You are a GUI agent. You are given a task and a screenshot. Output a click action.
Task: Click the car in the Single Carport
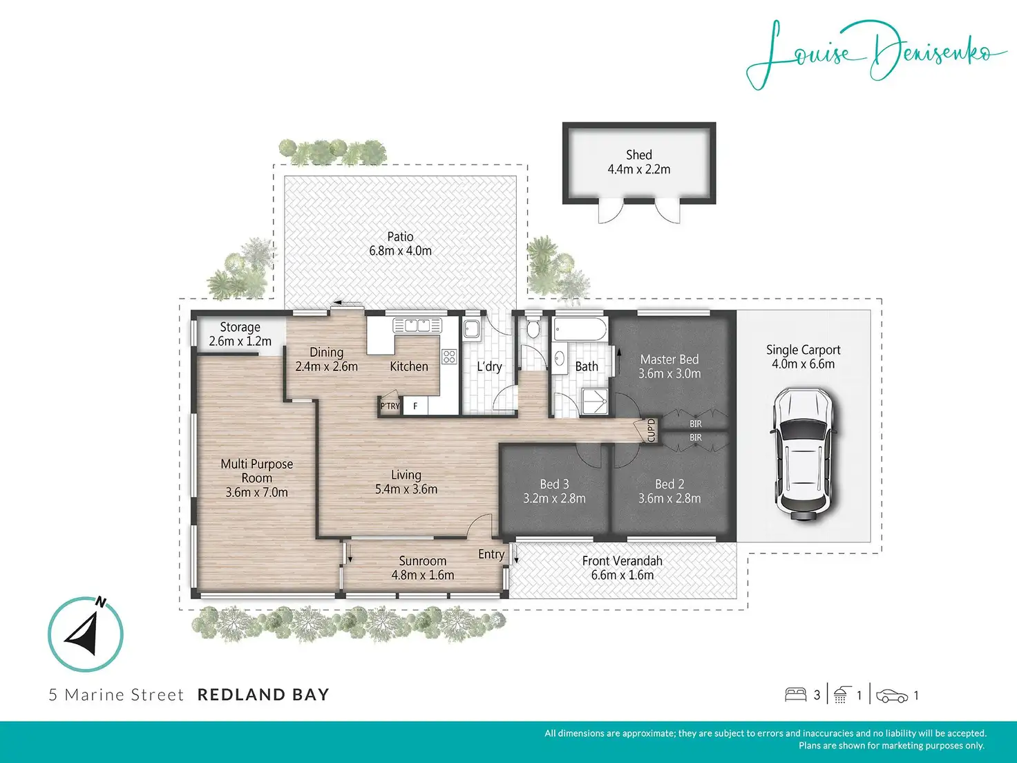coord(804,455)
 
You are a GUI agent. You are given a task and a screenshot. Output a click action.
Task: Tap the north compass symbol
coord(86,634)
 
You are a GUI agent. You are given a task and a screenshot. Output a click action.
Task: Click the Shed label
coord(639,155)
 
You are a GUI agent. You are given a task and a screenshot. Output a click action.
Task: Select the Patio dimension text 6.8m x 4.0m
coord(400,251)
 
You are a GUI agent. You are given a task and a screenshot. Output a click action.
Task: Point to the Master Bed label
coord(669,359)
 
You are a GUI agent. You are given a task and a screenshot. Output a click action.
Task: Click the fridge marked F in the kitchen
coord(416,406)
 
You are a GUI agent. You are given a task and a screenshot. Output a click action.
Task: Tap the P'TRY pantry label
coord(390,406)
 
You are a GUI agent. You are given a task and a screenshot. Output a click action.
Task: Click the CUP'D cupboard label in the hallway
coord(651,431)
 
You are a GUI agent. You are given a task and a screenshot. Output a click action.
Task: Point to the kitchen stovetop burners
coord(449,356)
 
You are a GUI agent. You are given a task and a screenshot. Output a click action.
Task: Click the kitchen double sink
coord(417,326)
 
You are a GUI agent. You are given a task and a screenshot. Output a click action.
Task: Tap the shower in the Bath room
coord(595,401)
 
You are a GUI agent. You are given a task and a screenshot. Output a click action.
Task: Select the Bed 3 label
coord(554,484)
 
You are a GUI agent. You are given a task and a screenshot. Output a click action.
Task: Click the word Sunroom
coord(423,561)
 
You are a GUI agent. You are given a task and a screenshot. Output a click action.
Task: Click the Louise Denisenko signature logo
coord(875,55)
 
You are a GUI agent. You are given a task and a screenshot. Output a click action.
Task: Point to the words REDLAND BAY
coord(263,695)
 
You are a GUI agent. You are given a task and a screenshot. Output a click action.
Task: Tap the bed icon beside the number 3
coord(795,695)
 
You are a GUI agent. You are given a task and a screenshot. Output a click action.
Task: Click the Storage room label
coord(240,327)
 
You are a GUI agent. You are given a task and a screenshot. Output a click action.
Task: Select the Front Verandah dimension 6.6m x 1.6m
coord(622,576)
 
